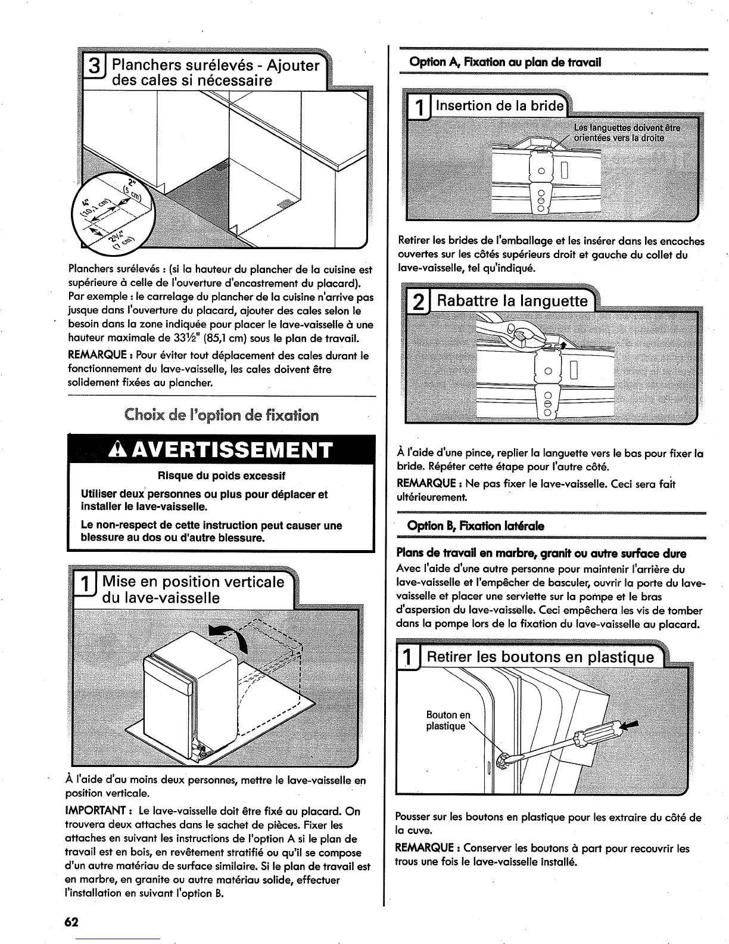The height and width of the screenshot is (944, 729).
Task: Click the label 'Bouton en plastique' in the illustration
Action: click(x=448, y=720)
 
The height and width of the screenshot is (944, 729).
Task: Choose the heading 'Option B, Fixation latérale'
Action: click(x=475, y=526)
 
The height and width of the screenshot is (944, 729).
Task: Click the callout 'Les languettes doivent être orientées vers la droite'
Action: click(x=625, y=133)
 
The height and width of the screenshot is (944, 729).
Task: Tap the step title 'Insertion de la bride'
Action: click(x=499, y=106)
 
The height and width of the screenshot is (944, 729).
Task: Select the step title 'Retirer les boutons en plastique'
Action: click(x=541, y=657)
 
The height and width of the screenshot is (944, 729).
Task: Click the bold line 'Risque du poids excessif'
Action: click(x=221, y=476)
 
